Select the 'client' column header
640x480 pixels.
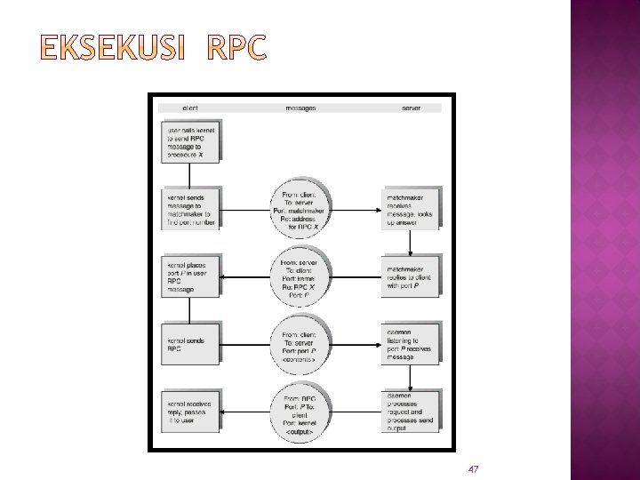coord(189,108)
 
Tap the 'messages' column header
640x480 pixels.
coord(300,108)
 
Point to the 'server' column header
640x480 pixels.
coord(411,108)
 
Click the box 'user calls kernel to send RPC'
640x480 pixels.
coord(192,142)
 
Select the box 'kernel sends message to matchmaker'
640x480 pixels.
coord(192,208)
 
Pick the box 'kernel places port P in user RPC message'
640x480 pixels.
coord(192,276)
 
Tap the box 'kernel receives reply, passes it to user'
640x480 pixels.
coord(192,412)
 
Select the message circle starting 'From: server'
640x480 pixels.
coord(301,276)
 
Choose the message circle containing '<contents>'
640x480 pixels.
coord(301,343)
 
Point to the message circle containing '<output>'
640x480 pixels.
coord(301,412)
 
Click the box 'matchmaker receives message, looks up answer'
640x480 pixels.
coord(411,208)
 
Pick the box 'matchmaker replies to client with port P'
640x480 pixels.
coord(411,276)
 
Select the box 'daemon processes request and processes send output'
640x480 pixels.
coord(411,412)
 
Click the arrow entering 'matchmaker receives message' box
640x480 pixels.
coord(356,210)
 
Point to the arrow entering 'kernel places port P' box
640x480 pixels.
coord(247,276)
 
